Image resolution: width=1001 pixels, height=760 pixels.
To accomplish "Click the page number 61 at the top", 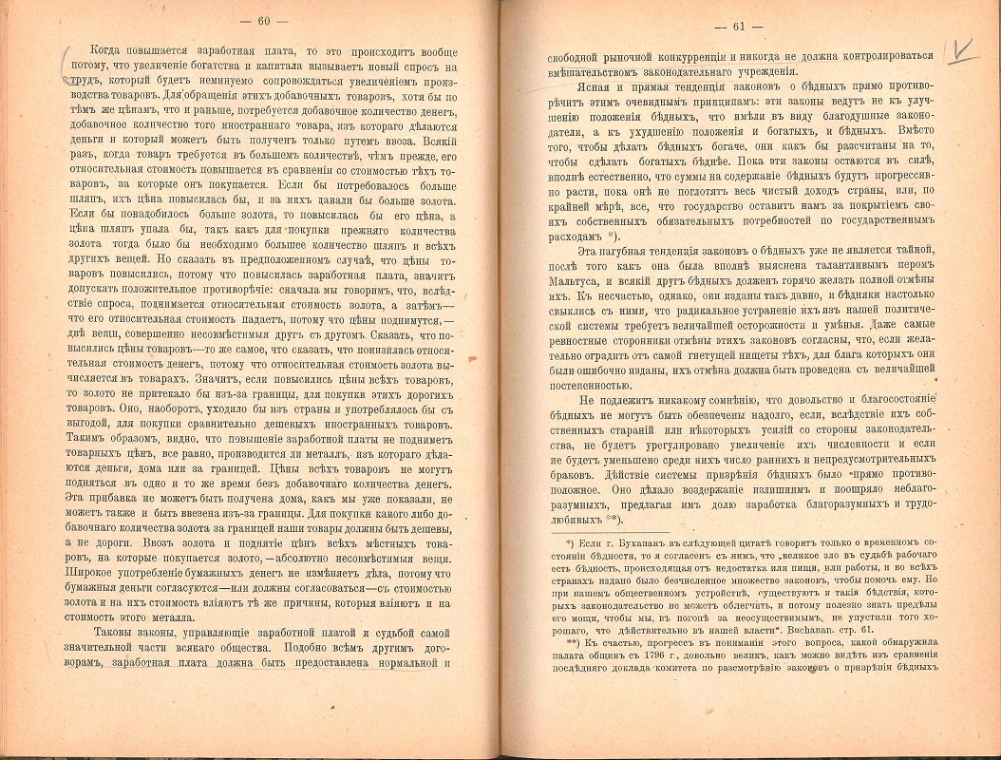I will click(753, 25).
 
